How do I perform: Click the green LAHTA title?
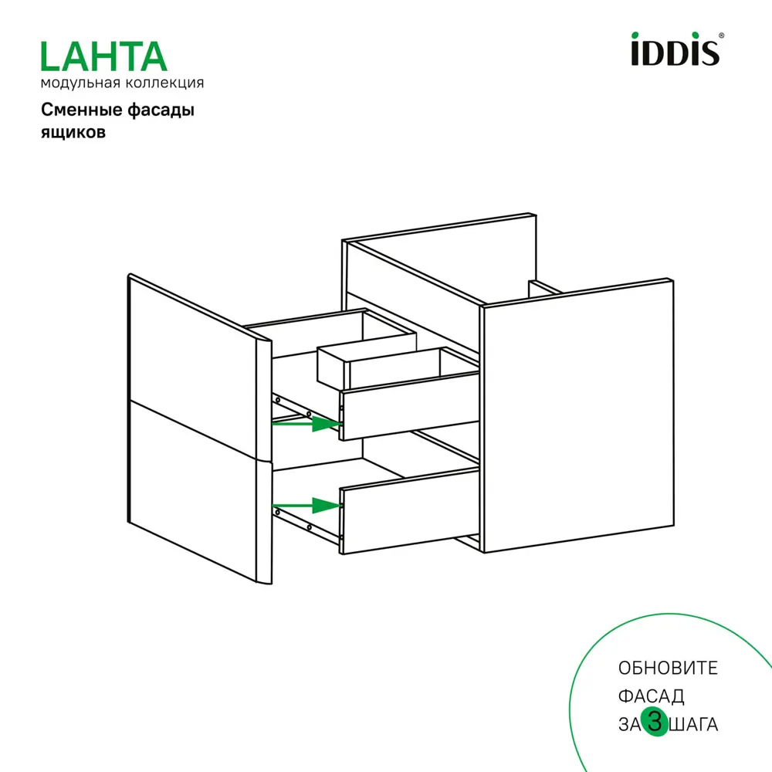coord(103,56)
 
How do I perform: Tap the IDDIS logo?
coord(675,49)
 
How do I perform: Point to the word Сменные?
coord(77,110)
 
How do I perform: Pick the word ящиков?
coord(73,132)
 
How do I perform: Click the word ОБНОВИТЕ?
coord(668,668)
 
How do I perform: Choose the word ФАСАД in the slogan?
coord(651,696)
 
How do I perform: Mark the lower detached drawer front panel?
coord(193,494)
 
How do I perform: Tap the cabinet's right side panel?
coord(575,417)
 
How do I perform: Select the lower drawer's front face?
coord(409,511)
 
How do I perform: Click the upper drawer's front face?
coord(409,405)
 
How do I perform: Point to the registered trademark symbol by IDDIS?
coord(722,36)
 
